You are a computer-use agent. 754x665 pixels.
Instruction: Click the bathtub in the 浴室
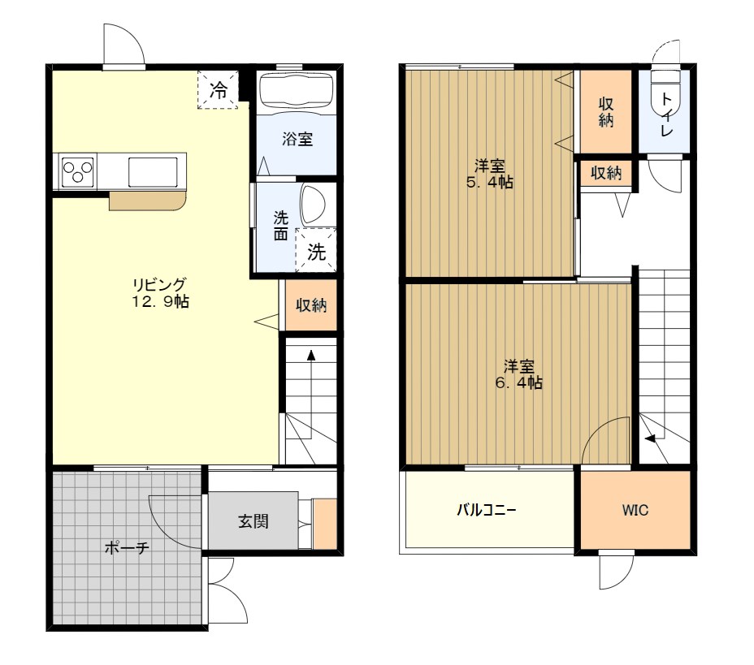pyautogui.click(x=297, y=91)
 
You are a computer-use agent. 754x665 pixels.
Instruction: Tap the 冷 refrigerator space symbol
pyautogui.click(x=219, y=90)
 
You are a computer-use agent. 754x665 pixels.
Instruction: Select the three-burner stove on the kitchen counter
pyautogui.click(x=78, y=171)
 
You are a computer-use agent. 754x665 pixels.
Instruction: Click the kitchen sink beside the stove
pyautogui.click(x=153, y=171)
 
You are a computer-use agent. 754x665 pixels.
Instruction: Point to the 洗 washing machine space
pyautogui.click(x=316, y=251)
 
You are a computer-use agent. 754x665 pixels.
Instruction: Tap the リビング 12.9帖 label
pyautogui.click(x=161, y=292)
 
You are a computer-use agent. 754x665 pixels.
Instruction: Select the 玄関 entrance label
pyautogui.click(x=253, y=521)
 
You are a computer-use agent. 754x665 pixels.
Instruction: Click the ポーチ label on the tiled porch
pyautogui.click(x=127, y=548)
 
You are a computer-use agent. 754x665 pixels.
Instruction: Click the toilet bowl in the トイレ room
pyautogui.click(x=665, y=96)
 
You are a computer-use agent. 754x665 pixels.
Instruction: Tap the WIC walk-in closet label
pyautogui.click(x=635, y=510)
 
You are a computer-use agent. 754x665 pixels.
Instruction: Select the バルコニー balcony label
pyautogui.click(x=486, y=509)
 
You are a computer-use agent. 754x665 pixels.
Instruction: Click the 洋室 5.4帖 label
pyautogui.click(x=489, y=175)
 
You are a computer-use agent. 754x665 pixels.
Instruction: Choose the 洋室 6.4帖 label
pyautogui.click(x=519, y=375)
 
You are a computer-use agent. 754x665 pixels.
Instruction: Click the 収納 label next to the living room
pyautogui.click(x=311, y=304)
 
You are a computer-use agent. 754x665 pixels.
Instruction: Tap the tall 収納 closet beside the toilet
pyautogui.click(x=606, y=111)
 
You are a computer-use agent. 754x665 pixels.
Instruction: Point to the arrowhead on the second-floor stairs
pyautogui.click(x=650, y=438)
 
